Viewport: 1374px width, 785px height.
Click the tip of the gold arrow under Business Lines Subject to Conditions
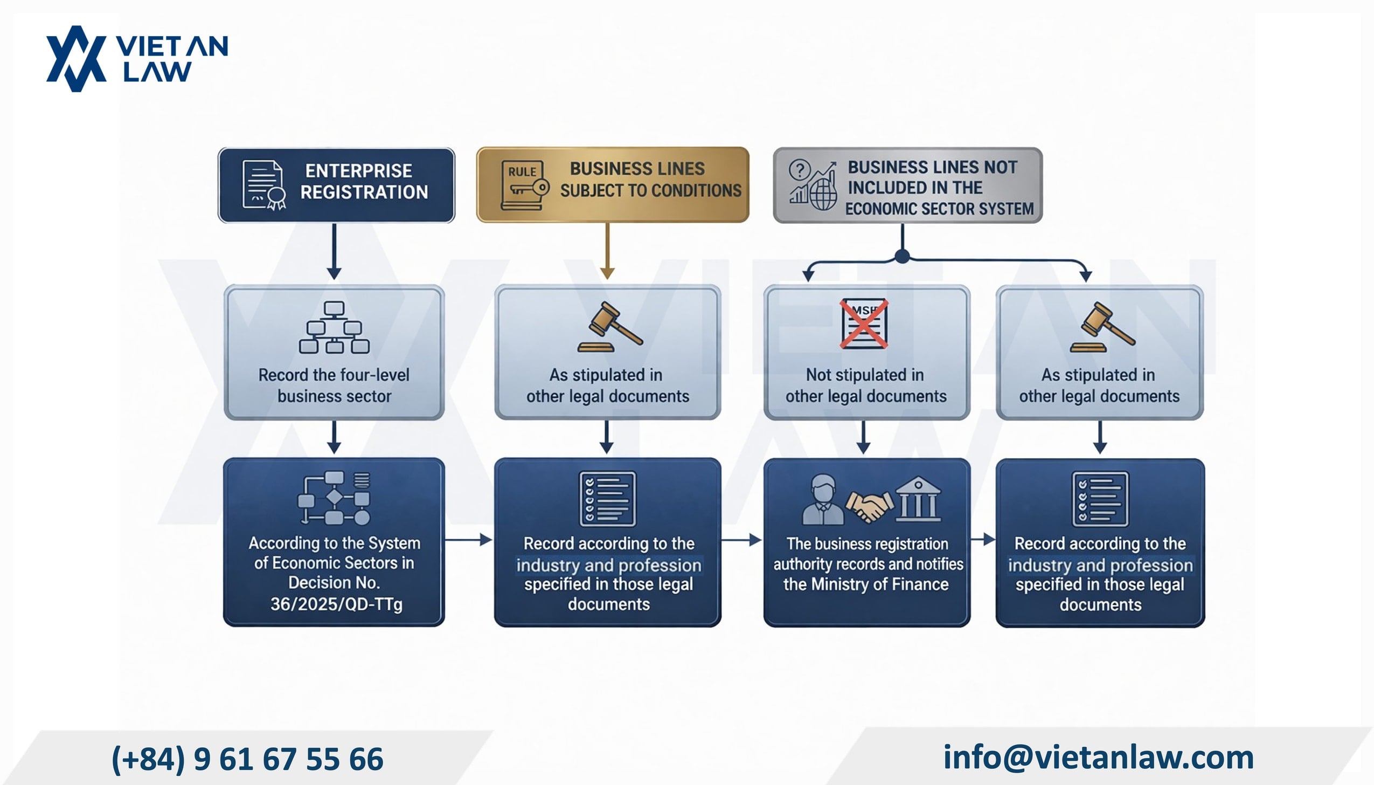[x=607, y=279]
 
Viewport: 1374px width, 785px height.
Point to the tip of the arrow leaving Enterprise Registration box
[x=334, y=279]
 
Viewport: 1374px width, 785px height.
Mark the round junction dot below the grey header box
[x=902, y=256]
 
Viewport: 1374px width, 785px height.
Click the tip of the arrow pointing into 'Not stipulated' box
[x=808, y=281]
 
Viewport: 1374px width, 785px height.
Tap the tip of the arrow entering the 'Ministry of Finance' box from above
[x=864, y=453]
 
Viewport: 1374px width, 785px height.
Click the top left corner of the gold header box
[x=477, y=148]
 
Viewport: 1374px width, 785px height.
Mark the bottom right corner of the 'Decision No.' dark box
[x=445, y=626]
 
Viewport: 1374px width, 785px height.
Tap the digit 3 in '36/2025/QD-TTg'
[x=275, y=604]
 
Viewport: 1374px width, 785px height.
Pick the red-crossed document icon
[x=864, y=323]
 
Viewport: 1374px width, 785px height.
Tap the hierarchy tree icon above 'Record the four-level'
[x=334, y=327]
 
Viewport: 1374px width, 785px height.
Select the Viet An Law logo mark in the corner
[x=75, y=58]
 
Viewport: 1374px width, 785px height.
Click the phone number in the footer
[x=247, y=759]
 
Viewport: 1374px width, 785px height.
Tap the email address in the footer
[x=1099, y=757]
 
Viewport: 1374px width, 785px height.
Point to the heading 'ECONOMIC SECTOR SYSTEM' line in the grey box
[x=939, y=209]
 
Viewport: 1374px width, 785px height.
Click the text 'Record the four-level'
[x=334, y=375]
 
